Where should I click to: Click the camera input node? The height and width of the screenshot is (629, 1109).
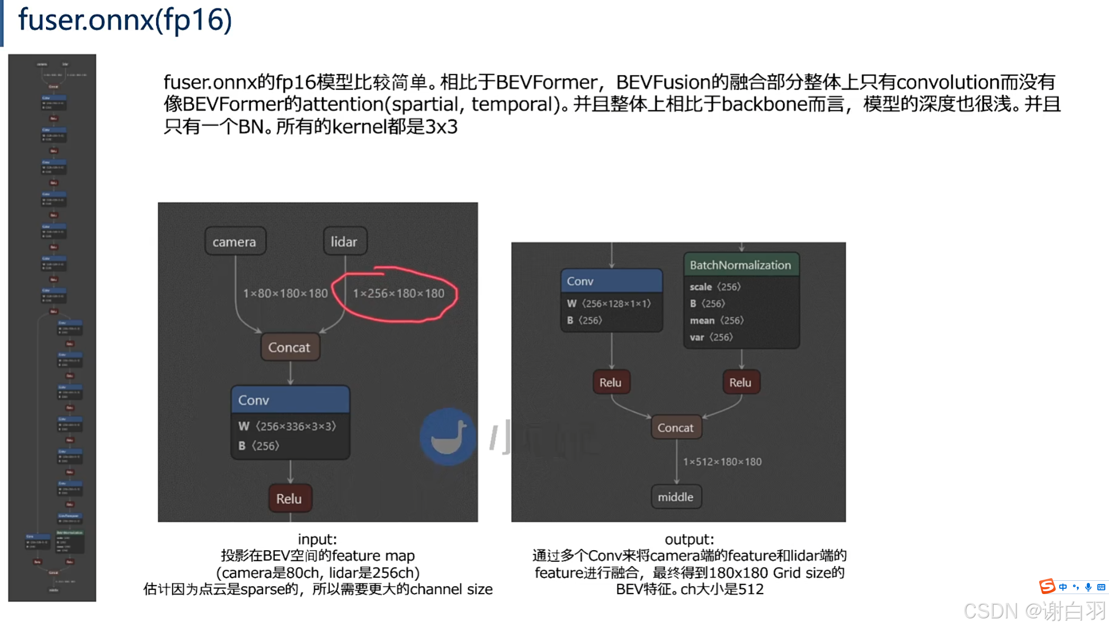click(235, 241)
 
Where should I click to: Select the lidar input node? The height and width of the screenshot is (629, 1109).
click(344, 241)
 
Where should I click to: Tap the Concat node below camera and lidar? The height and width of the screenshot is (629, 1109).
click(289, 347)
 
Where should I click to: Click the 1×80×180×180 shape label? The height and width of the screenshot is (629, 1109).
click(285, 293)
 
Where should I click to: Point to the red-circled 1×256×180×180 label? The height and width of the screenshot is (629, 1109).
click(399, 293)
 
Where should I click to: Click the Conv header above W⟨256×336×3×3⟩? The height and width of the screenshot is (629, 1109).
click(290, 400)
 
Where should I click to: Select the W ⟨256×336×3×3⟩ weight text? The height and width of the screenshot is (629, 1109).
click(288, 426)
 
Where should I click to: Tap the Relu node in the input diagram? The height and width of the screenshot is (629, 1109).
click(289, 498)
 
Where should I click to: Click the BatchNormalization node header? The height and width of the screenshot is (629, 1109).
click(740, 265)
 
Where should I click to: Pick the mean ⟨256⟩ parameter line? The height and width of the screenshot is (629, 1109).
click(717, 320)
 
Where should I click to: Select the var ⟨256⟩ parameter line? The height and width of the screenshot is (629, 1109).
click(711, 337)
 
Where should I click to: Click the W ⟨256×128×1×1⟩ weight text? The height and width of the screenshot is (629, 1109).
click(609, 303)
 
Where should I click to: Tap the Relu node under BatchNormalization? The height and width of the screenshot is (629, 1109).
click(740, 382)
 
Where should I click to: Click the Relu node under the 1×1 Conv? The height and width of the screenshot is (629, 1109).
click(611, 382)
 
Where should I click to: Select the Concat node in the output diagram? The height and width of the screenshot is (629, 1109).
click(676, 428)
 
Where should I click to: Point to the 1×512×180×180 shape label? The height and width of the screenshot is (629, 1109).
click(722, 462)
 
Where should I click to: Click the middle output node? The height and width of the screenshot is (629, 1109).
click(676, 497)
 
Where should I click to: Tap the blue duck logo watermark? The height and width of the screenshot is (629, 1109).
click(448, 436)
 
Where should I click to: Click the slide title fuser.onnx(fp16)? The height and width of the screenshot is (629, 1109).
click(125, 20)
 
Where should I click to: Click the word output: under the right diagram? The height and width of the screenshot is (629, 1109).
click(690, 539)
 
